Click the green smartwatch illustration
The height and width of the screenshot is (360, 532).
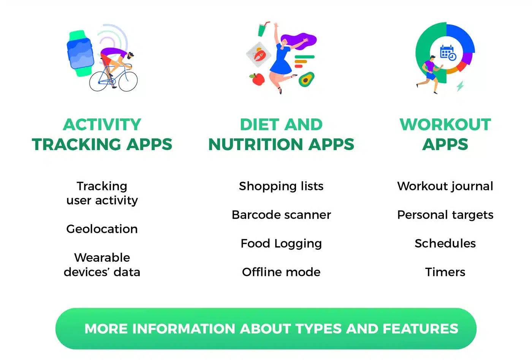(81, 54)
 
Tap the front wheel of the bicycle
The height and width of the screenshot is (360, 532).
(128, 81)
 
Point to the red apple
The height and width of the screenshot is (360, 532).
(258, 79)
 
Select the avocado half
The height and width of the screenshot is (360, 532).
(306, 79)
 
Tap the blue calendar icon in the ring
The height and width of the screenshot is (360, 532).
(448, 53)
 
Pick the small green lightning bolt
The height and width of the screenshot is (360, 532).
(460, 86)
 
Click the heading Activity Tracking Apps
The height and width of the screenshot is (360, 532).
(102, 134)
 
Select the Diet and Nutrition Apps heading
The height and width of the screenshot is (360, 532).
(281, 134)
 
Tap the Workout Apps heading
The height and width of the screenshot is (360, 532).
(445, 134)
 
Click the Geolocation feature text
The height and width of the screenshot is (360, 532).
(102, 229)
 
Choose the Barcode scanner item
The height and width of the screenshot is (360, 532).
(281, 215)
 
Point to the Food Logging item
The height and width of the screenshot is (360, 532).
(281, 244)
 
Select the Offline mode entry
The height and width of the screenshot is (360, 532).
(281, 272)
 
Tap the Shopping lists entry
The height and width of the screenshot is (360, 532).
(281, 186)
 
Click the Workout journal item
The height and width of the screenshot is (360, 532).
(445, 186)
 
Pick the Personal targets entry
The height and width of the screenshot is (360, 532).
(445, 215)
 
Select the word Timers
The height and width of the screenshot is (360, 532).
(445, 272)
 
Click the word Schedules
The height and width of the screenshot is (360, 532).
(445, 243)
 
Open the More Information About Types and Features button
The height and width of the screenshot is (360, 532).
(266, 329)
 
